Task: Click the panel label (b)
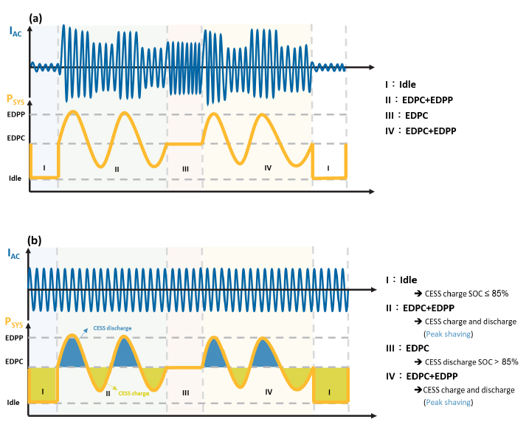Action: click(35, 240)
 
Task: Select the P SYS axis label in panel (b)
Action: click(15, 322)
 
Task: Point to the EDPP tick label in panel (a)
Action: click(15, 114)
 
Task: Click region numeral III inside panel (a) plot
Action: click(185, 169)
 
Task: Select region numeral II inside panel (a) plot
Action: click(117, 169)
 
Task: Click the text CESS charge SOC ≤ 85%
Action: click(471, 294)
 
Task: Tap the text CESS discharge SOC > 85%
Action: click(471, 361)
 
